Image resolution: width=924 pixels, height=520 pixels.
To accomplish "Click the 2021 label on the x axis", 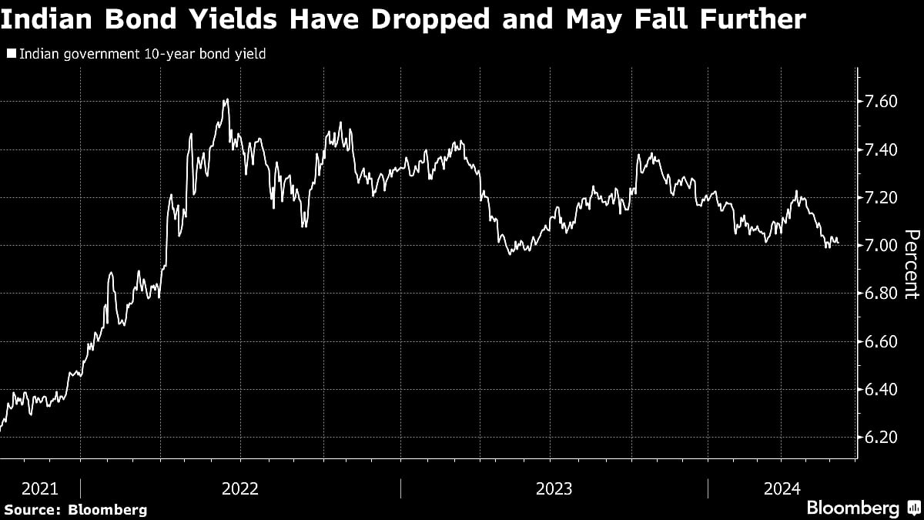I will tap(39, 488).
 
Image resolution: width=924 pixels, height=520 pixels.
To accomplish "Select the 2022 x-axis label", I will tap(239, 488).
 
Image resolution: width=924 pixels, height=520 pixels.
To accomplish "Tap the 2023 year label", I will tap(553, 488).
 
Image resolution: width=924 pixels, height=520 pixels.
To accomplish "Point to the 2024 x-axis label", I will tap(783, 488).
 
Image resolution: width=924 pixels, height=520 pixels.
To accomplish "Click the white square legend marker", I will tap(11, 55).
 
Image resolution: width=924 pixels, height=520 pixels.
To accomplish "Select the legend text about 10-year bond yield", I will tap(142, 55).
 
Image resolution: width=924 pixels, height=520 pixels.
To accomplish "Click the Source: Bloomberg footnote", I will tap(75, 509).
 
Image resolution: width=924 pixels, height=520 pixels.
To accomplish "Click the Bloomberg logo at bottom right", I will tap(853, 508).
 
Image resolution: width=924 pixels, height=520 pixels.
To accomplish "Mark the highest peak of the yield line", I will tap(226, 99).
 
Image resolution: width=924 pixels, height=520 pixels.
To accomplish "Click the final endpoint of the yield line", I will tap(838, 242).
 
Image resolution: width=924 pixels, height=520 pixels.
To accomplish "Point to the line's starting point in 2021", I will tap(1, 429).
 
